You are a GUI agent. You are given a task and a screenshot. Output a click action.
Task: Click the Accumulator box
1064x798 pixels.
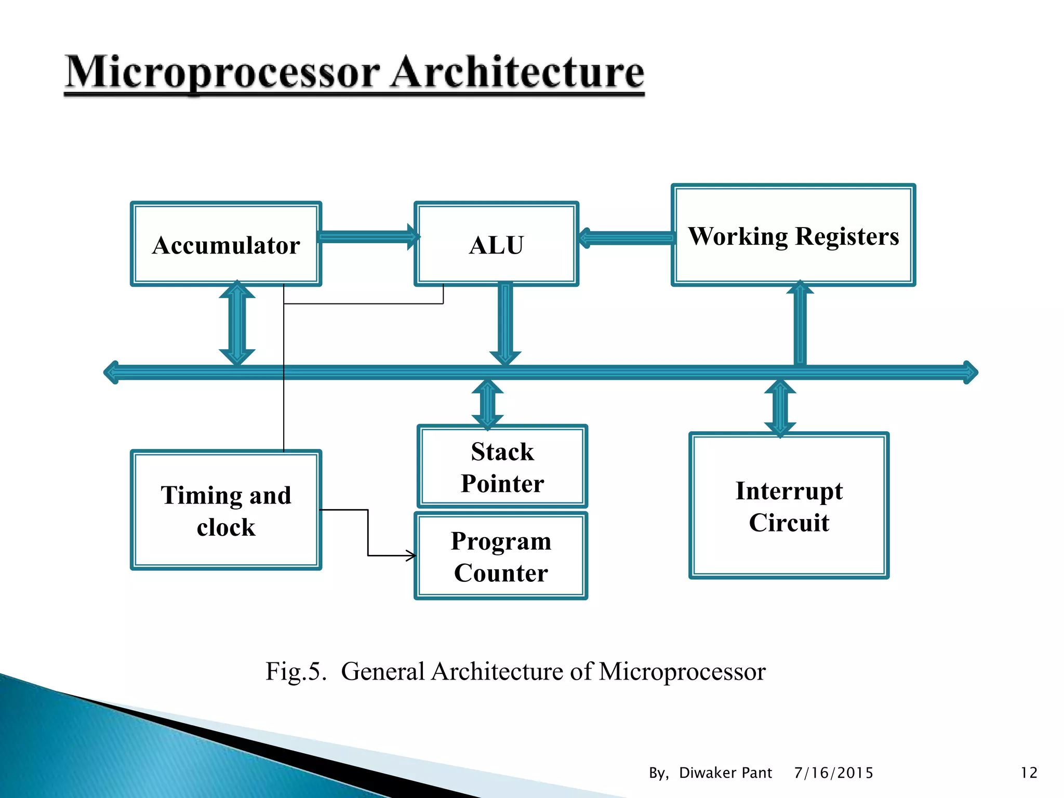pyautogui.click(x=226, y=244)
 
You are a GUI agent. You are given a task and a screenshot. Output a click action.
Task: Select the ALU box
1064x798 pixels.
pyautogui.click(x=496, y=244)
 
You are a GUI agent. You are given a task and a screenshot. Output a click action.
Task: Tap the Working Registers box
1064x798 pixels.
pyautogui.click(x=793, y=235)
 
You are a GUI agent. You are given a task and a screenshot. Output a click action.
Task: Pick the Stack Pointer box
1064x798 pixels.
pyautogui.click(x=502, y=467)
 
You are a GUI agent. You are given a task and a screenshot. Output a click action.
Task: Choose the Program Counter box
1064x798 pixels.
pyautogui.click(x=501, y=556)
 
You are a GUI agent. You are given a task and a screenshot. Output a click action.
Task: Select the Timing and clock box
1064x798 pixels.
pyautogui.click(x=226, y=510)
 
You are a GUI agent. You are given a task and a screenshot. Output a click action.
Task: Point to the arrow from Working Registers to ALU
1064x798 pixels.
pyautogui.click(x=626, y=238)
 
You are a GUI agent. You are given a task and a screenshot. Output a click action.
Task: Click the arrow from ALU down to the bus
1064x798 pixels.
pyautogui.click(x=505, y=322)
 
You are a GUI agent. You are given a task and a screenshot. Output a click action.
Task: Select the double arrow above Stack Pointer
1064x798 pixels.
pyautogui.click(x=487, y=404)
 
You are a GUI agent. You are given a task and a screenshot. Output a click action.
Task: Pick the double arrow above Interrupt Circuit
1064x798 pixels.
pyautogui.click(x=780, y=407)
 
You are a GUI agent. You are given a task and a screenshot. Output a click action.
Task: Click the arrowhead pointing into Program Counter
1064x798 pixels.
pyautogui.click(x=411, y=556)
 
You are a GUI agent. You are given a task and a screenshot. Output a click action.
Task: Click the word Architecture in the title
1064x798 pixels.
pyautogui.click(x=517, y=73)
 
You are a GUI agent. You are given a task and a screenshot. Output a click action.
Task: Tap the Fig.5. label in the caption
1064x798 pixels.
pyautogui.click(x=296, y=671)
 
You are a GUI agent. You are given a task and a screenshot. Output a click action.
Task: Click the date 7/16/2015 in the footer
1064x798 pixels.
pyautogui.click(x=833, y=773)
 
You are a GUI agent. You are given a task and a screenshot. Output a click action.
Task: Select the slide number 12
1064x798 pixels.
pyautogui.click(x=1029, y=773)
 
